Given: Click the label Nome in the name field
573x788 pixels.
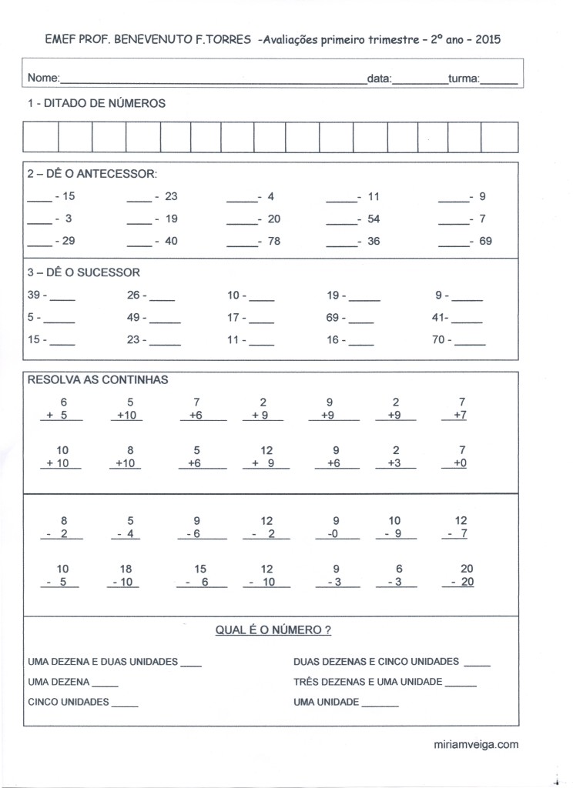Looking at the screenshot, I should pos(43,78).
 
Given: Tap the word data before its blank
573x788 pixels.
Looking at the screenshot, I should pos(379,78).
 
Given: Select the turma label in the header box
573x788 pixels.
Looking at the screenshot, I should pos(464,78).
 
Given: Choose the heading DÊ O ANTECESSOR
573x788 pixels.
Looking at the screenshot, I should pos(92,173).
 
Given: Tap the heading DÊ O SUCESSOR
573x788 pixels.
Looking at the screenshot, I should pos(84,272).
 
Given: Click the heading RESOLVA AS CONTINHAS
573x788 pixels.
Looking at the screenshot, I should pos(98,379).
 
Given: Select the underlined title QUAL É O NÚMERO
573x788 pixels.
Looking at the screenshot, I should pos(273,630).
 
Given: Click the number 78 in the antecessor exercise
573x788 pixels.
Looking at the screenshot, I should pos(273,241).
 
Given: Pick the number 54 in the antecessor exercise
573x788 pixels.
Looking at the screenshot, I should pos(374,219).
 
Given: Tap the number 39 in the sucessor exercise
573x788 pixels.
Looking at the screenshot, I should pos(34,295).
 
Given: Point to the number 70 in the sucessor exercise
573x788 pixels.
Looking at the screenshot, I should pos(438,339).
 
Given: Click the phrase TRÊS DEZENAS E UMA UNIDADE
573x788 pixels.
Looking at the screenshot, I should pos(367,682).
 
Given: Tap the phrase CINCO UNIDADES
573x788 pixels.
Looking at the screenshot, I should pos(69,702).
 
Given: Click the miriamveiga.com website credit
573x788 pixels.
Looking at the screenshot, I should pos(476,744).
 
